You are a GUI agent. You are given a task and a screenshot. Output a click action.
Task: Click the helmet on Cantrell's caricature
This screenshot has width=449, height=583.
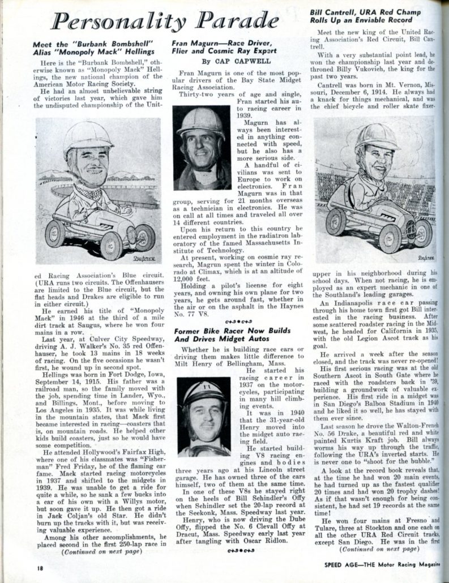(x=377, y=136)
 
